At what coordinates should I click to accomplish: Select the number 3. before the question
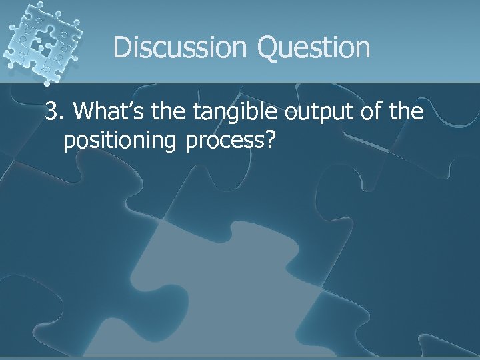(55, 113)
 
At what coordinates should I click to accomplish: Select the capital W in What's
(85, 113)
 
